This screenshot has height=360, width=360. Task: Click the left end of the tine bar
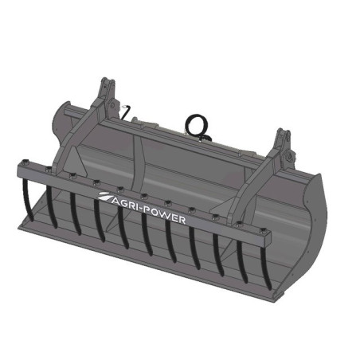(x=22, y=169)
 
